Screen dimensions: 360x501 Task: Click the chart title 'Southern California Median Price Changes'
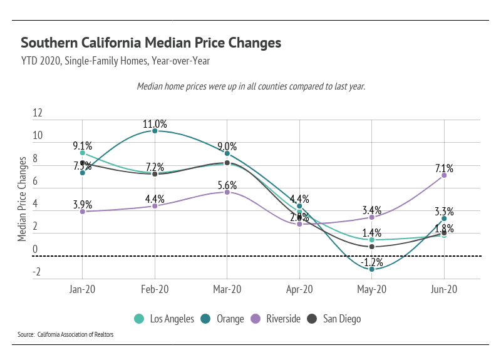coord(151,43)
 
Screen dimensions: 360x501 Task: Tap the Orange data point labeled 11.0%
coord(155,131)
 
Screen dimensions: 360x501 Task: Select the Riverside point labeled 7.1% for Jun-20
coord(444,175)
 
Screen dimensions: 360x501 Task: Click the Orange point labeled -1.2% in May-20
coord(372,269)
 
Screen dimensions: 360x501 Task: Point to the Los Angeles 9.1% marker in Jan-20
coord(83,153)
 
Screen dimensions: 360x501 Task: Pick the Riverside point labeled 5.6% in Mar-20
coord(227,192)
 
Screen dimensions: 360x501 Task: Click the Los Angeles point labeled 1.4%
coord(372,240)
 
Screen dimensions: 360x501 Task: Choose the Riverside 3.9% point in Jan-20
coord(83,212)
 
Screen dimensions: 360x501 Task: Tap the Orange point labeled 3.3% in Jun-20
coord(444,219)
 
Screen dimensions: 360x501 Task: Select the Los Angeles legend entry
coord(165,319)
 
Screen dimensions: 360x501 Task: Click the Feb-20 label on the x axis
coord(155,290)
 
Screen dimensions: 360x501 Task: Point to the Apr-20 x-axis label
coord(299,290)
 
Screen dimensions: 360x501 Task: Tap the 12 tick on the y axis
coord(38,113)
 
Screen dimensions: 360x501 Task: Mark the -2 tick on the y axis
coord(38,272)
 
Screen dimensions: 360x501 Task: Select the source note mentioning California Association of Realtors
coord(65,335)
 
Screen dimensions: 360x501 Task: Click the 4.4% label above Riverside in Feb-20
coord(155,199)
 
